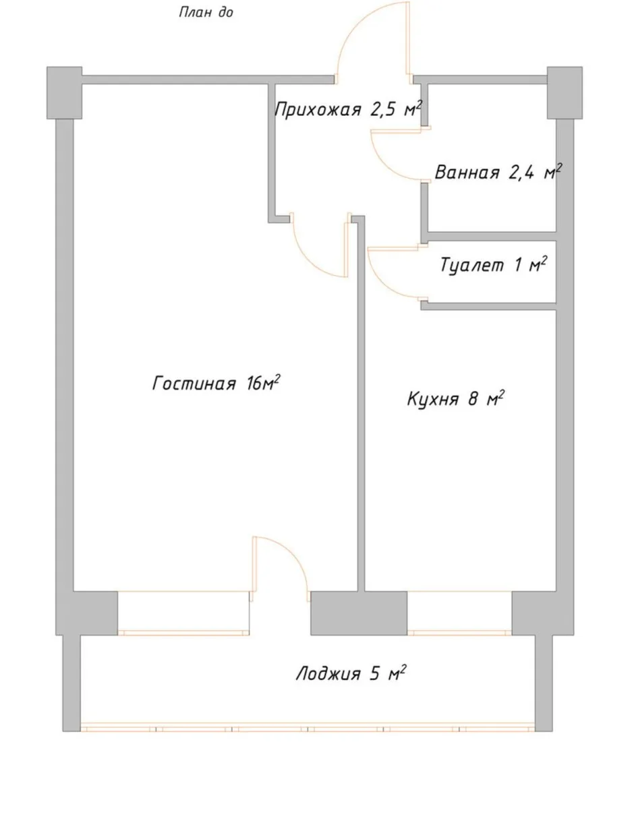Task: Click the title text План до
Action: coord(206,12)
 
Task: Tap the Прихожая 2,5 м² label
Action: coord(348,109)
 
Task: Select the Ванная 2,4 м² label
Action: coord(498,172)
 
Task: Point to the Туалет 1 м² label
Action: coord(493,265)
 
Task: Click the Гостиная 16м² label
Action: coord(216,383)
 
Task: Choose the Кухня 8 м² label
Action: coord(456,398)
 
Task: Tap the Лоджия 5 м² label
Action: coord(351,673)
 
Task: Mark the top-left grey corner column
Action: coord(64,93)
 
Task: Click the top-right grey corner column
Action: coord(565,93)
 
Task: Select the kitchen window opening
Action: coord(459,613)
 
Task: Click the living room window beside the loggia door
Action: coord(183,613)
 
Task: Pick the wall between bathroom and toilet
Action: coord(488,237)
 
